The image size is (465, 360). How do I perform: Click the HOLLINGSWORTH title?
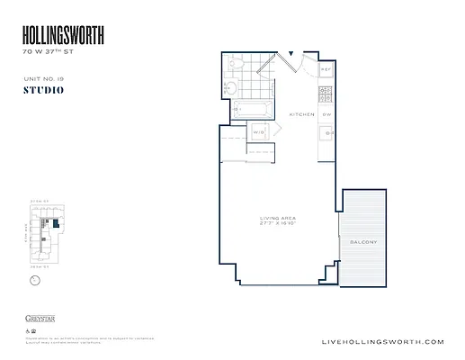63,35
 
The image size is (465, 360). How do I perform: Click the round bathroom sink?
229,88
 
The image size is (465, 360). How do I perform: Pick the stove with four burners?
326,93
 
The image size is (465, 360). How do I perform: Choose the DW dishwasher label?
327,115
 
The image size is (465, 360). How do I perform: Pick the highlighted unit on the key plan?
55,222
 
